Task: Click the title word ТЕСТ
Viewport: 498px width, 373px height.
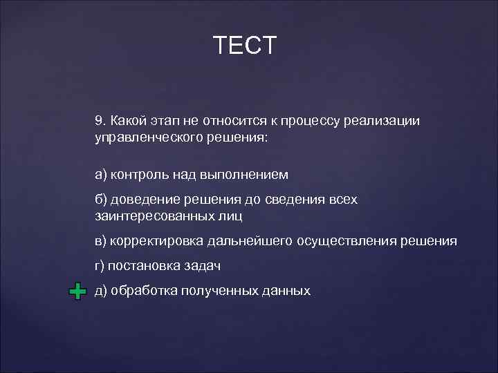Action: [245, 46]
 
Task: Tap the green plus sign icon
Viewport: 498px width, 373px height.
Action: [78, 291]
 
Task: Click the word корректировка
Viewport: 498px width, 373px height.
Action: [154, 241]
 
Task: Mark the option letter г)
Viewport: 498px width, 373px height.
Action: [100, 266]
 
